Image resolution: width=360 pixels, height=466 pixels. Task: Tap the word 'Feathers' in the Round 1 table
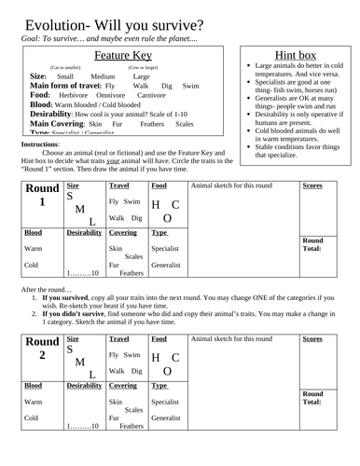(132, 273)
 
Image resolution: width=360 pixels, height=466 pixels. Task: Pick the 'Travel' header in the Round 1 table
(120, 185)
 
